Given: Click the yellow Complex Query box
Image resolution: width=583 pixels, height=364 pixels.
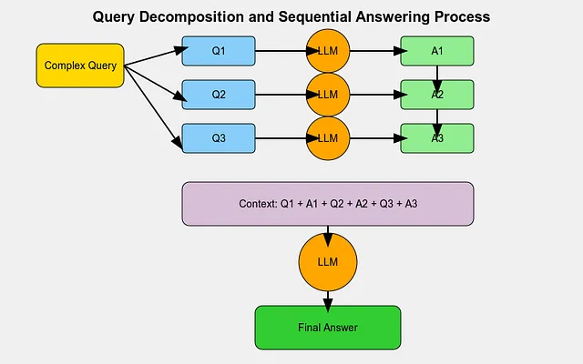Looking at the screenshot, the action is [x=80, y=66].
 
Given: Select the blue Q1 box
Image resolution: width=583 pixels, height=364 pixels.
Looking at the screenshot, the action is [x=219, y=51].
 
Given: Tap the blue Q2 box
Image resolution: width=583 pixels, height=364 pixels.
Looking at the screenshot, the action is [x=219, y=95].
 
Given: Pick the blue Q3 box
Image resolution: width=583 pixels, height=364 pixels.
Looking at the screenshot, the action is [x=219, y=138].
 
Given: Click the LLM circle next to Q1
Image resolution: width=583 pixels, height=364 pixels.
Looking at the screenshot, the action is [x=328, y=51].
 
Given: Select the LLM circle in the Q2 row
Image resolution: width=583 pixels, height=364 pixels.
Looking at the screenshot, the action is [x=328, y=95].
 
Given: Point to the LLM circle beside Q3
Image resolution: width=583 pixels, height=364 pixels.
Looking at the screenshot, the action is [x=328, y=138].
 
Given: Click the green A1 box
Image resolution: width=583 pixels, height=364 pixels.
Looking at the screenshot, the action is [x=437, y=51].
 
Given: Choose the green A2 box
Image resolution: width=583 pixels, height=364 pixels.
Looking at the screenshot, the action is [x=437, y=95].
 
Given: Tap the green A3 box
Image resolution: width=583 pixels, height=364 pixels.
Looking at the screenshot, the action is [x=437, y=138].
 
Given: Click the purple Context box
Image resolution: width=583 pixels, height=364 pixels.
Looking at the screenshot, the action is [x=328, y=204].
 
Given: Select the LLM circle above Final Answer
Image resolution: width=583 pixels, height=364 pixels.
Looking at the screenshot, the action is [x=328, y=262].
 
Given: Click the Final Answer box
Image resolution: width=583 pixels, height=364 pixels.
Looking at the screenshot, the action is [x=328, y=328].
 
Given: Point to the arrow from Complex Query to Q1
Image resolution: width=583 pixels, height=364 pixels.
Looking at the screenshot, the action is [x=156, y=56].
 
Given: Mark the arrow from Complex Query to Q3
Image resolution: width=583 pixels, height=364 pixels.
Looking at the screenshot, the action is [x=153, y=107].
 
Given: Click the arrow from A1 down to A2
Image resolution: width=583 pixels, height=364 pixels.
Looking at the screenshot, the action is [x=437, y=79].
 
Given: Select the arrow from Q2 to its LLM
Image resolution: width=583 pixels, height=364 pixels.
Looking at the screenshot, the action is [x=287, y=95].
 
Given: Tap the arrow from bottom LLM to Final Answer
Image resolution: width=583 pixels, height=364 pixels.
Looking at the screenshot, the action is [x=328, y=301].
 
